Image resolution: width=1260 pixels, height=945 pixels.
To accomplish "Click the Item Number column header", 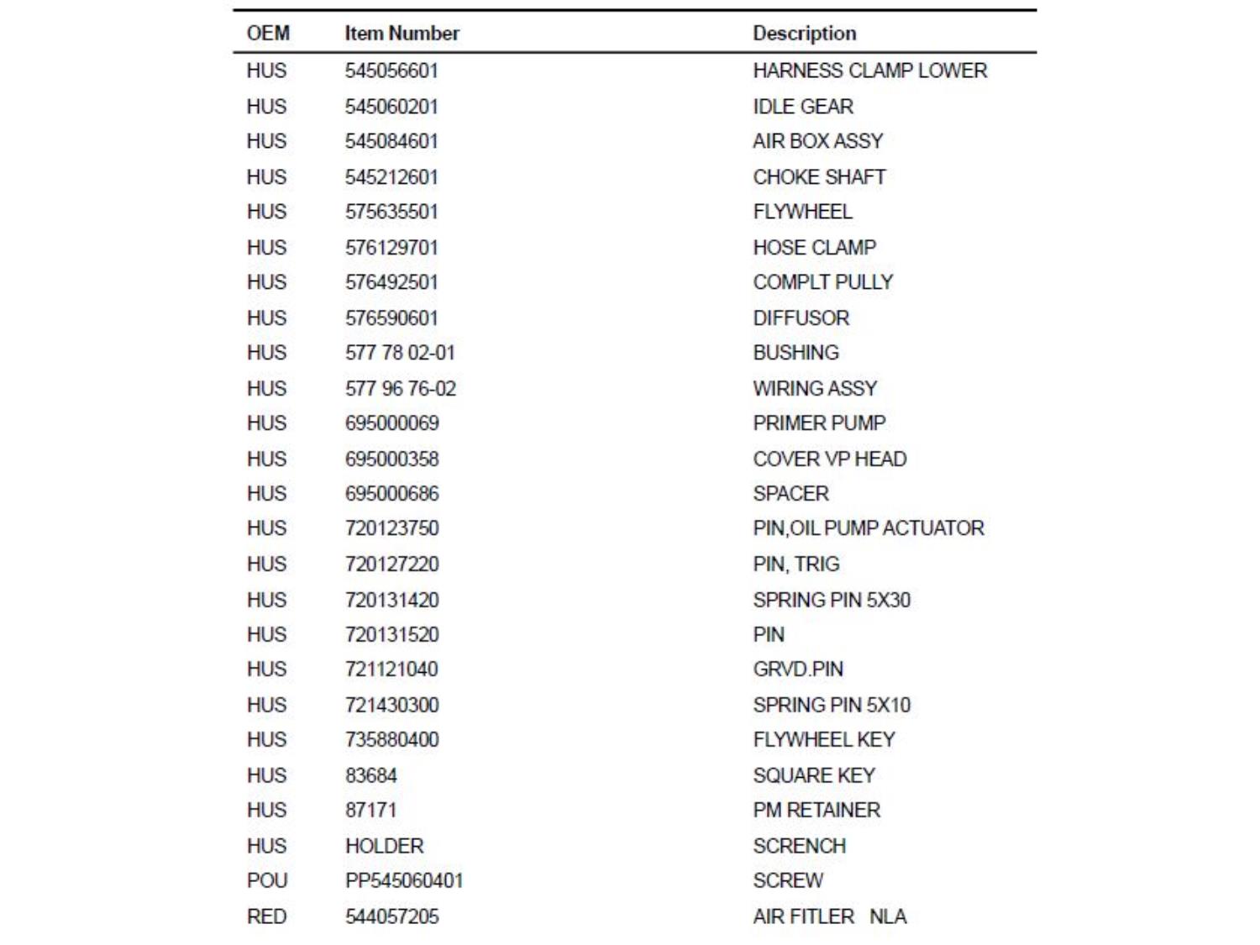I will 402,34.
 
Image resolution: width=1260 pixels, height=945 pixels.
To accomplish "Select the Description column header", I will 804,34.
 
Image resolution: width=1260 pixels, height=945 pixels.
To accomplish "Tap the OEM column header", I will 268,34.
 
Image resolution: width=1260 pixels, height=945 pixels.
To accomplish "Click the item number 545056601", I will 391,71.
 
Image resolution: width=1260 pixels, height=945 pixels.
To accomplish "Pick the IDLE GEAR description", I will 802,107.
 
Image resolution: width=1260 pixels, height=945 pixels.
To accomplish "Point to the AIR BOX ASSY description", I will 817,141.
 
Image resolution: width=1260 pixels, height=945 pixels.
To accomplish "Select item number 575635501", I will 391,212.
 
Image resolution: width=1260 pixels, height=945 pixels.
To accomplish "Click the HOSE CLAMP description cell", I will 814,248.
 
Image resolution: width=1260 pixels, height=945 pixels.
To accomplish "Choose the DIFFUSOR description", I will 801,318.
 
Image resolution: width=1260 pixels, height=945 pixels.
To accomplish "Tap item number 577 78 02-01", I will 400,353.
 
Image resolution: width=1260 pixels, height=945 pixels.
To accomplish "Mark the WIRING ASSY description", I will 814,389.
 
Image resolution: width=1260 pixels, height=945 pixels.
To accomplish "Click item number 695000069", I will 391,423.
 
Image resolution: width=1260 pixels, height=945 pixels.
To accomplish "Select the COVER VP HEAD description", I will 829,459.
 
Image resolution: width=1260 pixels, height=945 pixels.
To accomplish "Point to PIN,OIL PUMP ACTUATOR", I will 868,528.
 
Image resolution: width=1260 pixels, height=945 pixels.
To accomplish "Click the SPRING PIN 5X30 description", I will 831,601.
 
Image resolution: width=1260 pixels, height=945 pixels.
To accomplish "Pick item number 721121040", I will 391,669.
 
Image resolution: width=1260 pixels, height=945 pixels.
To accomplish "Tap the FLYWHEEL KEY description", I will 823,740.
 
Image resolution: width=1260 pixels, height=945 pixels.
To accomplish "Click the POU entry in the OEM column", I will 267,881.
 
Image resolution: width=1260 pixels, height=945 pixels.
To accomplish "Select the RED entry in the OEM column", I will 266,917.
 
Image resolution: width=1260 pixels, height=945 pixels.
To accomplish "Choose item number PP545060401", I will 404,881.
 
